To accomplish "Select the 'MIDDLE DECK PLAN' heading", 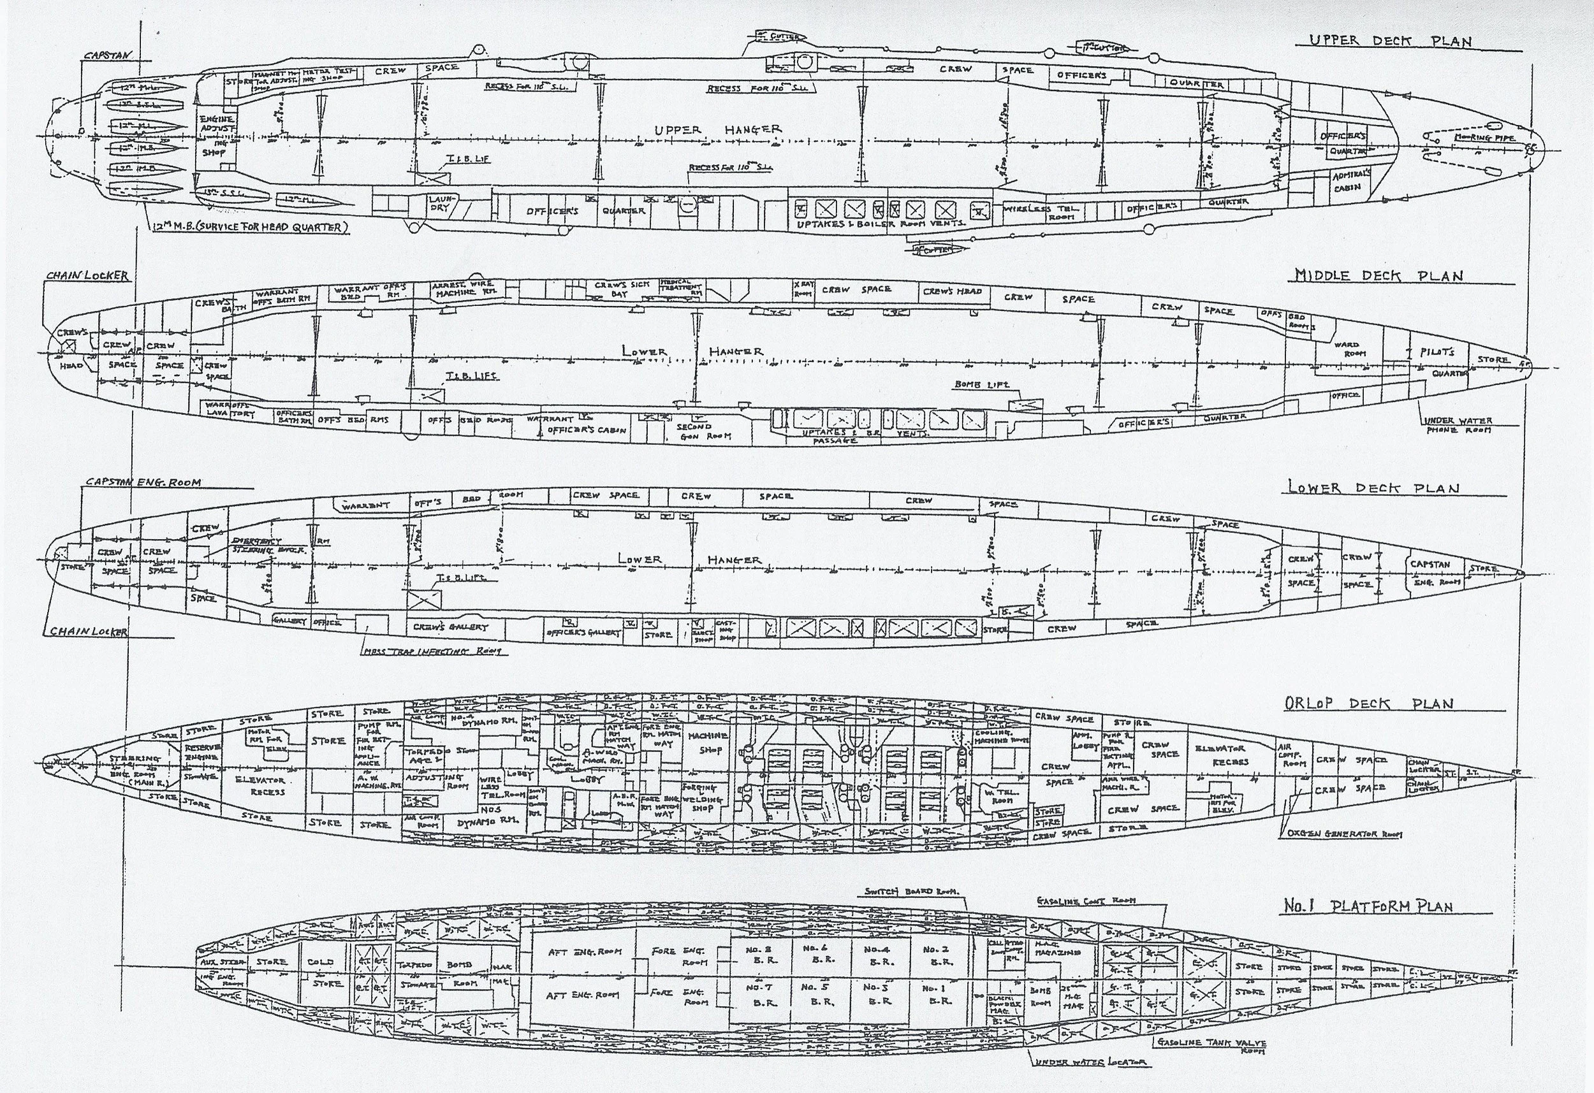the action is point(1378,276).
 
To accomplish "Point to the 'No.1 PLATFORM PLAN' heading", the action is point(1368,906).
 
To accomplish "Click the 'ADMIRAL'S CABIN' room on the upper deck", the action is point(1349,182).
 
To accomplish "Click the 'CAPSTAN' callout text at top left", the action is point(107,56).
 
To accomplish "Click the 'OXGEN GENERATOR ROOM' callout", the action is point(1340,834).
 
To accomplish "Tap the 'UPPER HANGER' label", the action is point(717,129).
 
